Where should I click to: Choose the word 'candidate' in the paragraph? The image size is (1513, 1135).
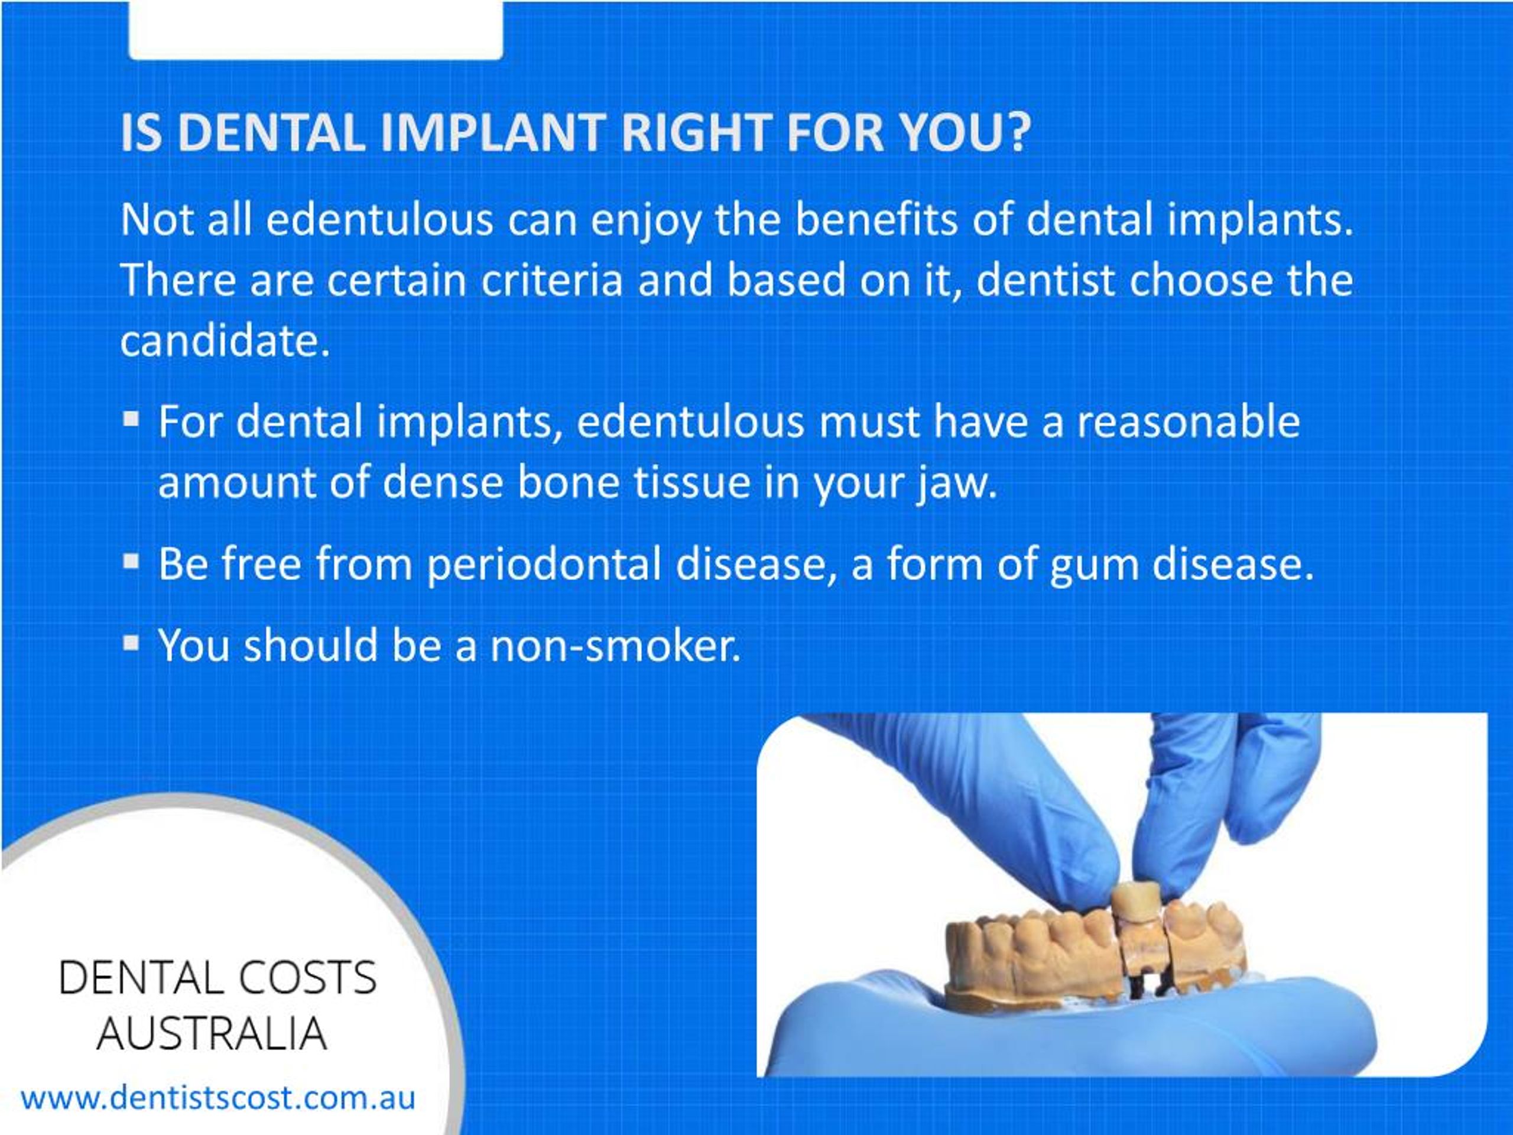coord(219,340)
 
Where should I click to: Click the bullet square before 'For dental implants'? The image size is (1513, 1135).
coord(131,417)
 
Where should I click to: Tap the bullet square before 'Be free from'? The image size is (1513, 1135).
coord(131,562)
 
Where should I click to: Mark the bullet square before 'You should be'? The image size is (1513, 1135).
coord(131,643)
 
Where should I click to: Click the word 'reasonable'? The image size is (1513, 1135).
coord(1189,422)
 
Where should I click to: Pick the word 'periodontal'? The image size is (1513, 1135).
coord(544,565)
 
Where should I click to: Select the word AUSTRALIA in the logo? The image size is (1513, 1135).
coord(212,1033)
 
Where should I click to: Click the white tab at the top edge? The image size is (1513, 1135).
coord(316,30)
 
